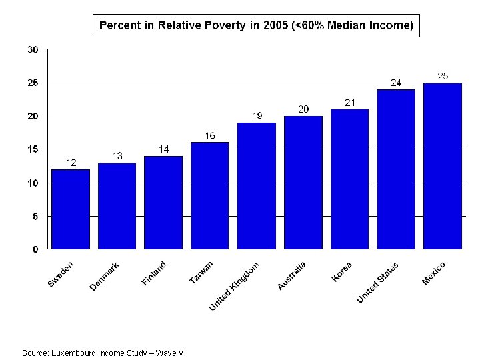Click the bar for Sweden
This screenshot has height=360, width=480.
tap(70, 209)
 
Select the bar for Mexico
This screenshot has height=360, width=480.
tap(443, 166)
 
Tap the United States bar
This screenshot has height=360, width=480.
tap(396, 169)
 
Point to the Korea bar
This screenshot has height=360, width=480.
tap(349, 179)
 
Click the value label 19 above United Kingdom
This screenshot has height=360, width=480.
tap(257, 116)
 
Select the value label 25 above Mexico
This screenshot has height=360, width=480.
tap(443, 76)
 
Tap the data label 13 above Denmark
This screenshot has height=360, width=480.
tap(117, 156)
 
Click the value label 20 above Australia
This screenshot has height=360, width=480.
tap(303, 109)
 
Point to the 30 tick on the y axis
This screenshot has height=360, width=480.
tap(33, 50)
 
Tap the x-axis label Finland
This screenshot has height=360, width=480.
tap(154, 274)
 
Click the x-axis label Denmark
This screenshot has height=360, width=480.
tap(105, 277)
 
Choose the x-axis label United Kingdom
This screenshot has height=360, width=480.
tap(234, 286)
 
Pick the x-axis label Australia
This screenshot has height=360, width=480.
tap(292, 276)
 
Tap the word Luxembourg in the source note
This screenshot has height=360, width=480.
tap(75, 353)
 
